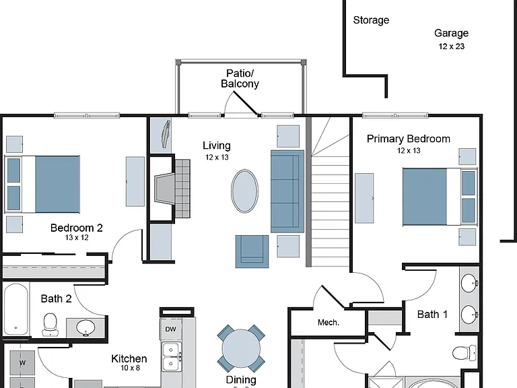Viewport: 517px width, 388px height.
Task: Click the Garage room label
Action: click(451, 33)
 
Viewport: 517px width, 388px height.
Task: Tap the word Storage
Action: click(371, 20)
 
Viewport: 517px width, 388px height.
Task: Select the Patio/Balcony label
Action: click(240, 79)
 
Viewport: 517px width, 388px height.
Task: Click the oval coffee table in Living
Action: click(244, 191)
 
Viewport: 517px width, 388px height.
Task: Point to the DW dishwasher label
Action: click(170, 329)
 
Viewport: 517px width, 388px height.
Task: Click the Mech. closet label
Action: click(328, 323)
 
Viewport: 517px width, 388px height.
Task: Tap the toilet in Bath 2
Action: click(50, 325)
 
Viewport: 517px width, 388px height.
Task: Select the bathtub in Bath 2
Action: click(15, 309)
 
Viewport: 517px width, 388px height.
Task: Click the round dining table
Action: click(241, 348)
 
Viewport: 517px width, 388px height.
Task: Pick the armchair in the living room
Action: click(252, 251)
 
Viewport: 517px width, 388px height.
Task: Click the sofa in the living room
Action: click(287, 191)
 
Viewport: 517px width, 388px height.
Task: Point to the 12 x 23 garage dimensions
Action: click(452, 46)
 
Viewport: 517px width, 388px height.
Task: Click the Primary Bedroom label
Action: click(408, 139)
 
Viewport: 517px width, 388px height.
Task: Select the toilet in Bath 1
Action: click(464, 353)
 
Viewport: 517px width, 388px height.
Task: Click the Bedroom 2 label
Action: click(77, 228)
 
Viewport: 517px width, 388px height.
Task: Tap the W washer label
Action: click(22, 363)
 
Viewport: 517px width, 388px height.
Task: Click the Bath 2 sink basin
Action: click(85, 327)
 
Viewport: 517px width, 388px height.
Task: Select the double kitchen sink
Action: click(171, 356)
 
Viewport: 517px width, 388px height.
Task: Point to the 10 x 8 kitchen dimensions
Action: click(130, 368)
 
